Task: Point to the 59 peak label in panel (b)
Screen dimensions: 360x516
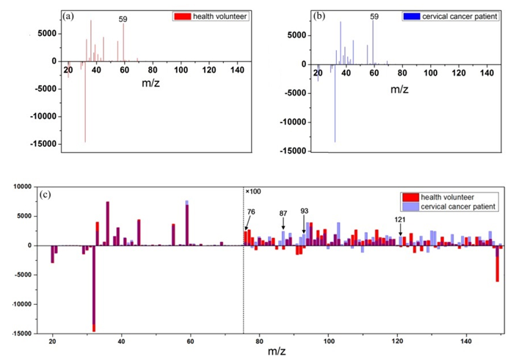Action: (374, 16)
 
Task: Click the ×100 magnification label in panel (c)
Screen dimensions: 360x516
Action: (254, 191)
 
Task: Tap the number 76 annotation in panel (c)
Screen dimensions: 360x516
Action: (251, 212)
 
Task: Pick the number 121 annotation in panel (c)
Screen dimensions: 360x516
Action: (399, 219)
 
